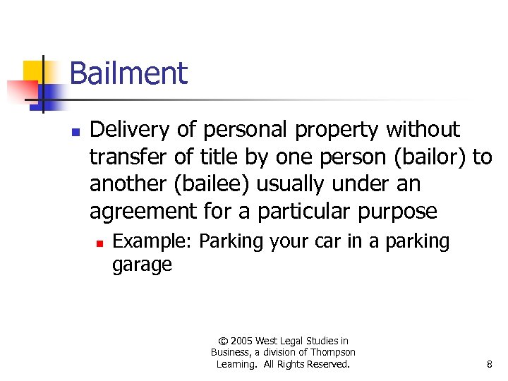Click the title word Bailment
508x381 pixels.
click(128, 73)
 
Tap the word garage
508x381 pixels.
click(142, 265)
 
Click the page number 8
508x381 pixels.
click(489, 365)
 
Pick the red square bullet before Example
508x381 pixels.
click(101, 243)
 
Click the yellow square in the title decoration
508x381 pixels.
click(34, 71)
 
